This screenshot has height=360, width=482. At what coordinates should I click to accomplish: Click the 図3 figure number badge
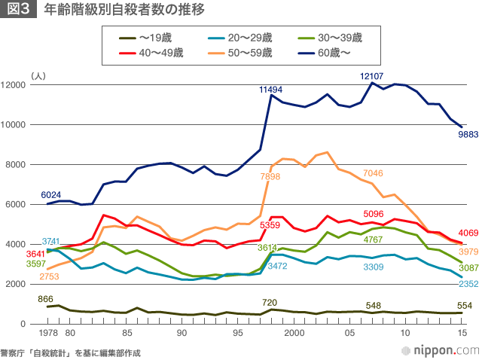pyautogui.click(x=17, y=11)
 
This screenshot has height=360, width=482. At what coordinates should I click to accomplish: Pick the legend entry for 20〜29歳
pyautogui.click(x=243, y=38)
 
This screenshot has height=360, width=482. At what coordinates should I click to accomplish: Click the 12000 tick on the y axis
pyautogui.click(x=15, y=85)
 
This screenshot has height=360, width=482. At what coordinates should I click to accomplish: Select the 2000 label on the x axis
pyautogui.click(x=293, y=333)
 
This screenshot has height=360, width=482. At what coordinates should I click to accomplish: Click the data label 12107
pyautogui.click(x=372, y=76)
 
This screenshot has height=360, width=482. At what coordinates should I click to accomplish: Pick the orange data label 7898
pyautogui.click(x=270, y=175)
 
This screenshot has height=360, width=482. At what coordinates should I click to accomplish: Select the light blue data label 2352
pyautogui.click(x=468, y=284)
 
